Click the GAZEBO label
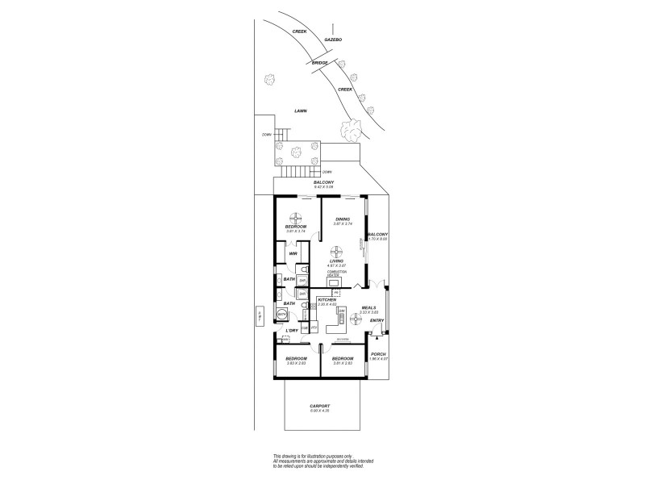tap(333, 39)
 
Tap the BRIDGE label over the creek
tap(318, 62)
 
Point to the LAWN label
tap(301, 111)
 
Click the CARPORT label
tap(320, 406)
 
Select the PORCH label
tap(377, 354)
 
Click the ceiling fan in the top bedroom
tap(295, 218)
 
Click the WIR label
tap(293, 253)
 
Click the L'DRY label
tap(292, 331)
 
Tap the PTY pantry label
tap(313, 328)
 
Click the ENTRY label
tap(377, 320)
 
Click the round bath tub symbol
tap(282, 315)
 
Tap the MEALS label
tap(369, 307)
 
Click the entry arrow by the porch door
tap(377, 340)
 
